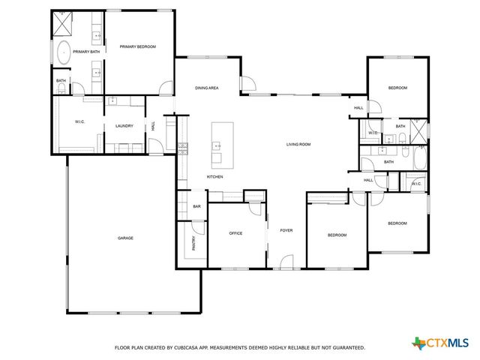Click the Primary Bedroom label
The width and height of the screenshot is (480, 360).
[138, 47]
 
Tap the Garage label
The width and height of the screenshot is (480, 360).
[125, 238]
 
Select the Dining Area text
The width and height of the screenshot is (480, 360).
[207, 88]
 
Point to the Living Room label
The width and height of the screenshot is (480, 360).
[298, 144]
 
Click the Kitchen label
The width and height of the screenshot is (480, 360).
[215, 177]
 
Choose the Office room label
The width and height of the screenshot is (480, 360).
[235, 233]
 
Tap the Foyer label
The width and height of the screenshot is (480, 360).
[286, 230]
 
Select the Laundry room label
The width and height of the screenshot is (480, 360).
[124, 126]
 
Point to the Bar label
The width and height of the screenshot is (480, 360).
[197, 206]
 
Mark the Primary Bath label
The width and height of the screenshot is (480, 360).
[86, 52]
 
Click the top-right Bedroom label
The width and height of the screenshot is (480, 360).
[397, 88]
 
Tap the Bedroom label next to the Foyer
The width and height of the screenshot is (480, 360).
[337, 235]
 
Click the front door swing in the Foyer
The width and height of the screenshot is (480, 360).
[285, 262]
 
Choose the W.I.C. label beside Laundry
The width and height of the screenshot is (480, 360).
[79, 122]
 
